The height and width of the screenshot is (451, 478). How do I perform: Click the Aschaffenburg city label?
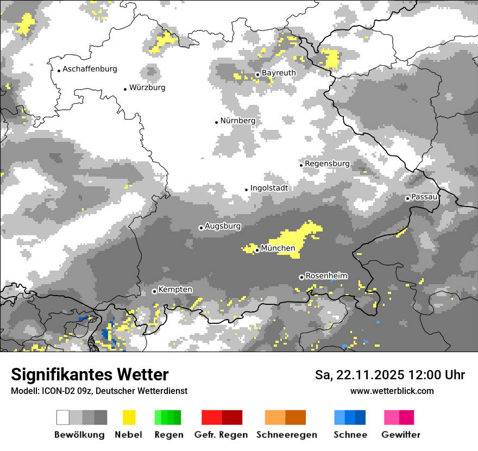coord(90,69)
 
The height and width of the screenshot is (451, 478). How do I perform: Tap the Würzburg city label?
coord(147,87)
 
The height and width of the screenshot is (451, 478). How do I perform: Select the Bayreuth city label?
coord(279,73)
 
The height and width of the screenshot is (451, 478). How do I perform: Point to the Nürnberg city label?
coord(238,121)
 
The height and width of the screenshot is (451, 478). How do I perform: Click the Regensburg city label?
coord(327,164)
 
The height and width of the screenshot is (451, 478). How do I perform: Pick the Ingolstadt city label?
coord(269,188)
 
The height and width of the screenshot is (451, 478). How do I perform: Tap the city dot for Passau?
coord(407,198)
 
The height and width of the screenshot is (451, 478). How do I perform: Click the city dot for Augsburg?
coord(201,228)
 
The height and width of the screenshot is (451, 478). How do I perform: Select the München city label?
coord(278,248)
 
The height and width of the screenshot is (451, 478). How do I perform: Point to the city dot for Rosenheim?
coord(301,277)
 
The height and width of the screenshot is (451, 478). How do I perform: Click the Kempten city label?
coord(175,290)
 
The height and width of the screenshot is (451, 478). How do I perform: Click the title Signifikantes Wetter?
coord(90,374)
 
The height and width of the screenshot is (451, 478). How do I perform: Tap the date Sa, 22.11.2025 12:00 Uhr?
coord(389,375)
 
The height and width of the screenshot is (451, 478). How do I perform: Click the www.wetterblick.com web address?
coord(392,391)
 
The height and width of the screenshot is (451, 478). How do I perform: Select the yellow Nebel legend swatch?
coord(129,417)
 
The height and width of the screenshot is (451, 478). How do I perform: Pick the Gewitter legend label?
coord(401,435)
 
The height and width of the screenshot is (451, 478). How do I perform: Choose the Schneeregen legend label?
coord(287,435)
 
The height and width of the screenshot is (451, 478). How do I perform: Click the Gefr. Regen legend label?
coord(221,435)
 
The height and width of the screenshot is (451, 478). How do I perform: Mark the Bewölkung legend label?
coord(79,435)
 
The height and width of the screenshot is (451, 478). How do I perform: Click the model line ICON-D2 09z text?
coord(99,391)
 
